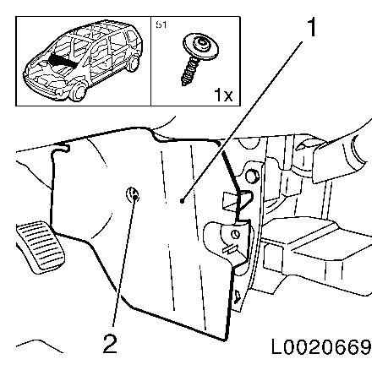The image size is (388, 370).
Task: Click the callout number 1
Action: (311, 27)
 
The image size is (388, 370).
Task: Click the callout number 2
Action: (110, 344)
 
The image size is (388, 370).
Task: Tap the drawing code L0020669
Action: (321, 347)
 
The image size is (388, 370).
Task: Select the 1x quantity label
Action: (223, 95)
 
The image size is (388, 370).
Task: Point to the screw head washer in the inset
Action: (200, 46)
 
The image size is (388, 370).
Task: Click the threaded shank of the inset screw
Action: (189, 71)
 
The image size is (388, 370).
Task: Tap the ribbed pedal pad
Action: (41, 244)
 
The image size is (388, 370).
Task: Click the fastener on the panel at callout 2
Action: (132, 194)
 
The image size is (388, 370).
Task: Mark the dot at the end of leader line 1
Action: (183, 201)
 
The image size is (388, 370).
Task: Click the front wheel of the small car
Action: (78, 91)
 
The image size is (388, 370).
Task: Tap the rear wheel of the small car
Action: (133, 64)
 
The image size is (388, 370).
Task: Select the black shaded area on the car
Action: (61, 62)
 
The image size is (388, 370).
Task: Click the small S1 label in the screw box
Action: (161, 24)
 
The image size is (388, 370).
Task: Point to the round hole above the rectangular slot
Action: (252, 176)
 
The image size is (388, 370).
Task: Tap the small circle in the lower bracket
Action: (235, 234)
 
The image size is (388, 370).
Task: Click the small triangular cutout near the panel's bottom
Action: (237, 297)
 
